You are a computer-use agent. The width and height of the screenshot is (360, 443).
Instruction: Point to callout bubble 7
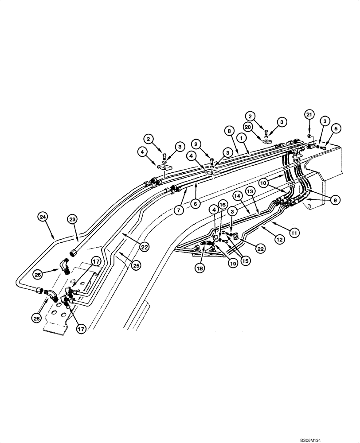[x=178, y=210]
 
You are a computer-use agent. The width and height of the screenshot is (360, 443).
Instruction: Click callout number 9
[x=335, y=200]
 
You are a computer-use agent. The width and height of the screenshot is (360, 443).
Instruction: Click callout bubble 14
[x=238, y=195]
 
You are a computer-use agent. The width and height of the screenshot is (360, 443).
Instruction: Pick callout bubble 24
[x=43, y=217]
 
